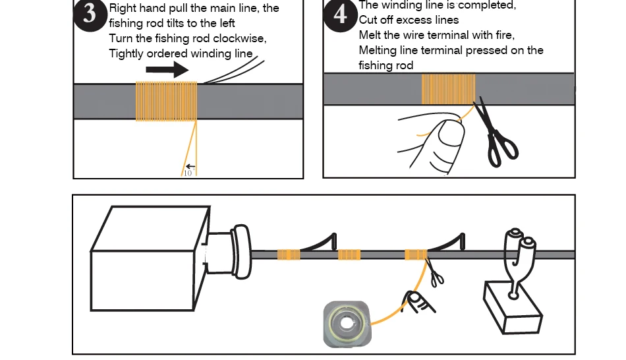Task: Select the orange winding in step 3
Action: coord(166,101)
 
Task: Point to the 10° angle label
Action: coord(188,172)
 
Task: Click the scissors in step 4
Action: coord(496,135)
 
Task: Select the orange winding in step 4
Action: coord(448,89)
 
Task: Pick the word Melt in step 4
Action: coord(370,35)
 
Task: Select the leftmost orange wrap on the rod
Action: coord(289,255)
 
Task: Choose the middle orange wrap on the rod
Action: coord(349,255)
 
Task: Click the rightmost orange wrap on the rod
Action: coord(415,255)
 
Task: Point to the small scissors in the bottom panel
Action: coord(435,274)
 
